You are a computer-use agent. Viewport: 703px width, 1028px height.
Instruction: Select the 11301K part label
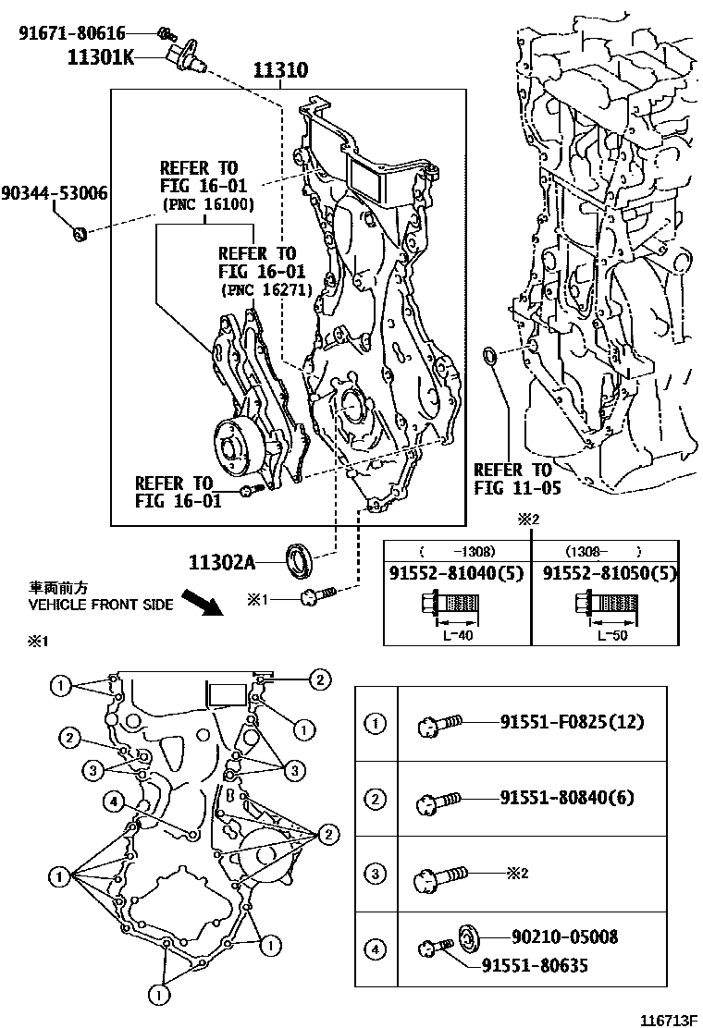click(x=99, y=58)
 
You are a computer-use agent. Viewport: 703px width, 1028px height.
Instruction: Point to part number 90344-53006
click(x=54, y=193)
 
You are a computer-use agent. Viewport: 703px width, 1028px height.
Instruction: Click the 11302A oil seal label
click(x=222, y=560)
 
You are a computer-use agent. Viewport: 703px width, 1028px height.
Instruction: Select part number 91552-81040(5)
click(x=457, y=573)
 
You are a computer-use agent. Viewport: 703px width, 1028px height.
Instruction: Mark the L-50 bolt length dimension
click(x=607, y=635)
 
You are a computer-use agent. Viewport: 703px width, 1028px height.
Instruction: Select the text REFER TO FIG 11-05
click(x=512, y=479)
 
